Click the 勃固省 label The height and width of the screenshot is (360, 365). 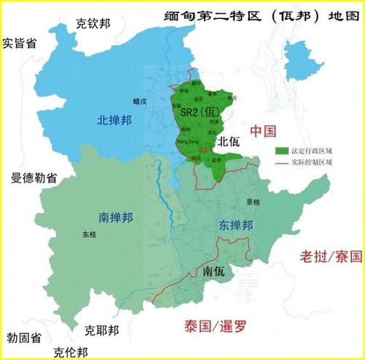pos(23,337)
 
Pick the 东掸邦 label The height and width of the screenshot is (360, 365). pos(235,226)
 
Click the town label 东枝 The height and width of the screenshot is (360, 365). pos(89,235)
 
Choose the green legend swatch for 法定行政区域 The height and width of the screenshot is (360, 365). pos(281,150)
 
